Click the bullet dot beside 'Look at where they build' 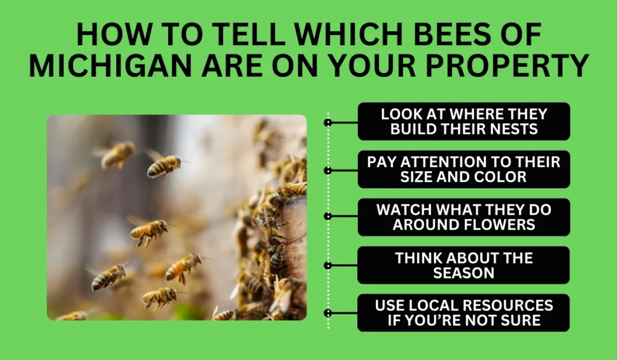328,122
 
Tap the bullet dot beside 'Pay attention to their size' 328,170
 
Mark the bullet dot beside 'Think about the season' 328,265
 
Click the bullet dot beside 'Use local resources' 328,313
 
